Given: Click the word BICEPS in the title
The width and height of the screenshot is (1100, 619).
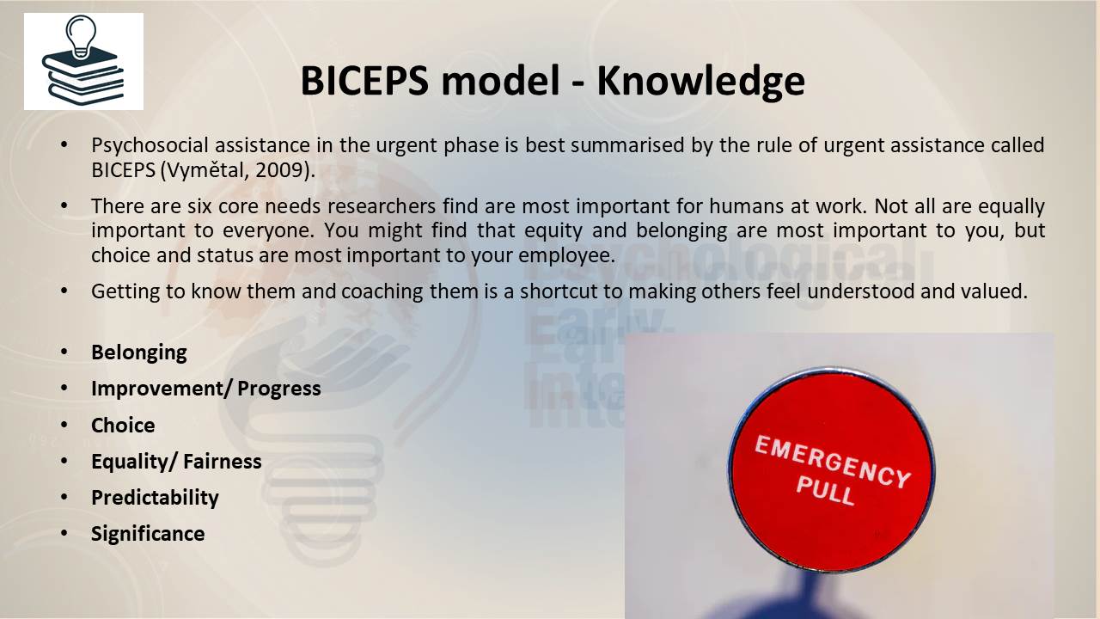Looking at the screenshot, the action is pos(364,81).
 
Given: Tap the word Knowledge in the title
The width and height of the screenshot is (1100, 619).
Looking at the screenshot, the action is pos(700,82).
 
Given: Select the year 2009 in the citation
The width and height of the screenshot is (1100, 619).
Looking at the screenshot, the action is pos(279,170).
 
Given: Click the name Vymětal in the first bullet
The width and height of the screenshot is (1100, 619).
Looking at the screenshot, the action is pos(207,170).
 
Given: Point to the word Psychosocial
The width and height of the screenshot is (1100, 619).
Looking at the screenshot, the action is pos(150,145).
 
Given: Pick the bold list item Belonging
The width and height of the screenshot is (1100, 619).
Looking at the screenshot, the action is pos(139,352).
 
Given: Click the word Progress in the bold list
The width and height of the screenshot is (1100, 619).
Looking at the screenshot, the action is pos(279,389).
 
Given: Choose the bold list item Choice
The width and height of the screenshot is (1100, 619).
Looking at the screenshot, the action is pos(123,425).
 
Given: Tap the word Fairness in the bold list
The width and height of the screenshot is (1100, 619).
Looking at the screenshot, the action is pos(222,462).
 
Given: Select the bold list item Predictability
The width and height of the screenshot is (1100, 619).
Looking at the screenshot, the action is pos(155,498).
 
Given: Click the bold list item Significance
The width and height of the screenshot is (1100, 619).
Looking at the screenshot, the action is pos(148,534).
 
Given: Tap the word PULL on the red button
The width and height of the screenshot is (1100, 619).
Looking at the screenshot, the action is pos(826,491).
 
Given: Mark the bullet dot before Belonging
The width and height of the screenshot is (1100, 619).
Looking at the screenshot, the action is pos(64,352).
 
